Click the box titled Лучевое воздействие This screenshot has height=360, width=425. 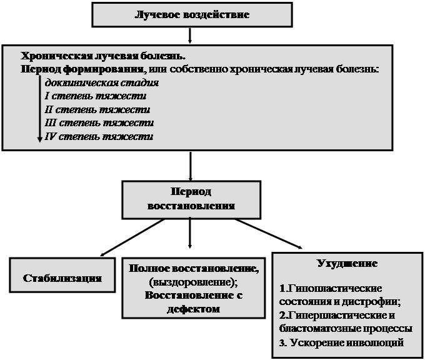pos(192,15)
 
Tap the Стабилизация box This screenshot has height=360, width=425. pos(62,275)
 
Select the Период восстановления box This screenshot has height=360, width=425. pos(191,200)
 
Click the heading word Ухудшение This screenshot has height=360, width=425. pos(347,264)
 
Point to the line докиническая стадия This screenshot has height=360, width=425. pos(102,83)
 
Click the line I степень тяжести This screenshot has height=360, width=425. pos(96,96)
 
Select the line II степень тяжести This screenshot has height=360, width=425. pos(97,110)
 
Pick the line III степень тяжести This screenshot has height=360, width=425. pos(99,123)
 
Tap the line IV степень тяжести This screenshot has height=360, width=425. pos(99,136)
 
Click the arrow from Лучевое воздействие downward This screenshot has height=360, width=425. pos(190,35)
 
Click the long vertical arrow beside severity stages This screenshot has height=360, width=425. pos(39,109)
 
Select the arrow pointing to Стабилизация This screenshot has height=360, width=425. pos(132,237)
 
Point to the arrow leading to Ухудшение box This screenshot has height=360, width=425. pos(268,234)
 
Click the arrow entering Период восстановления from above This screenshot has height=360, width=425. pos(190,166)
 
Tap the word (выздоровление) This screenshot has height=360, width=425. pos(193,282)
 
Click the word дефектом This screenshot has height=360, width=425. pos(194,309)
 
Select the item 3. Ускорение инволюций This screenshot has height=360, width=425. pos(341,342)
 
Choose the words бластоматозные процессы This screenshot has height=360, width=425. pos(346,329)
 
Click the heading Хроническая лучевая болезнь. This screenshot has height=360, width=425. pos(103,56)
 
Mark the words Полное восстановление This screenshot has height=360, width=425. pos(192,268)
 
